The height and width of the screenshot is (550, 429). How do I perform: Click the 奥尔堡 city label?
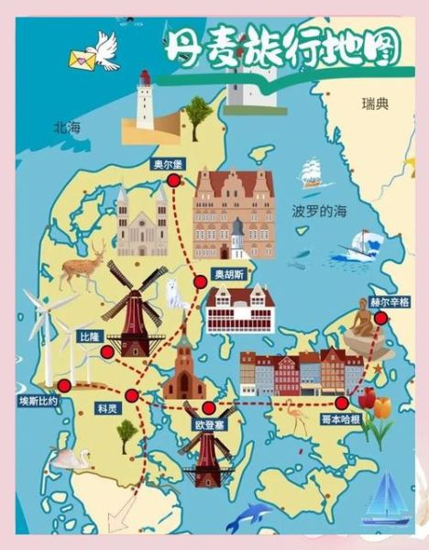point(168,164)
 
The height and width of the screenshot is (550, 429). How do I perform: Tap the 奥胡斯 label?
point(229,273)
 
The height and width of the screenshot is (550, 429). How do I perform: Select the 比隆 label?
point(89,336)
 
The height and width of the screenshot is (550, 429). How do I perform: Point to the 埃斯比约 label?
point(38,401)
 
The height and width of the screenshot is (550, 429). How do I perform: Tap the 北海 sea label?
point(67,128)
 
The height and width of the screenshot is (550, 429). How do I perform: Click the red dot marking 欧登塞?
point(209,408)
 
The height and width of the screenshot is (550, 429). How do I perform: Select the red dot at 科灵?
point(132,396)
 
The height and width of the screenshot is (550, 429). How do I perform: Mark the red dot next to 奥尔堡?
point(174,181)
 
